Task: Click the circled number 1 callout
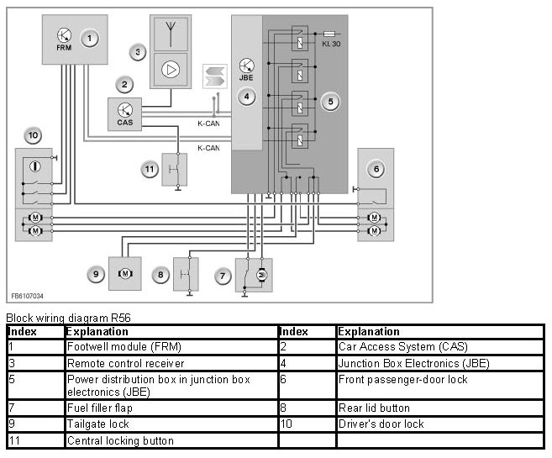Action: pos(90,38)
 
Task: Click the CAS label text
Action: pos(124,123)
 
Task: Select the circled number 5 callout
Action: pos(330,101)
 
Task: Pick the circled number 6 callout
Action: pos(376,170)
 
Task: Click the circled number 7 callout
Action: pos(223,275)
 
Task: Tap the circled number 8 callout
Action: pos(160,275)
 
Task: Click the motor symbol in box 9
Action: pos(124,274)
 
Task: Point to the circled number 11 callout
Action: pos(150,169)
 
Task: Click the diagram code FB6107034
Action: pos(29,296)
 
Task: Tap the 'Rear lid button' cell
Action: pos(373,408)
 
